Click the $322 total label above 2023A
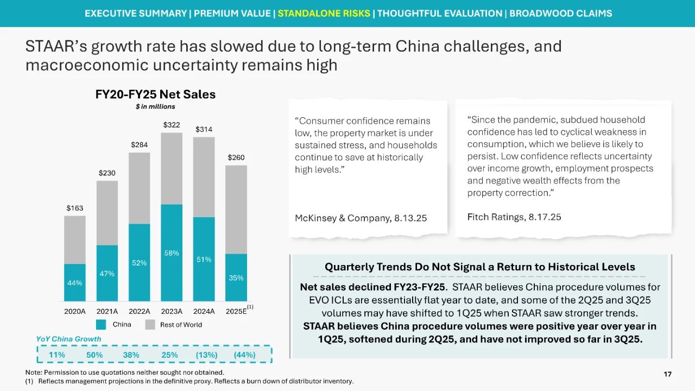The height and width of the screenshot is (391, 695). pos(172,125)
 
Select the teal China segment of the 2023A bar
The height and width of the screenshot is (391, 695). pos(172,253)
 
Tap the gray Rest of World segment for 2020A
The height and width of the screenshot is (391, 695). pos(75,239)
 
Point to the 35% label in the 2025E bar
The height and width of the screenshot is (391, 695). pos(236,278)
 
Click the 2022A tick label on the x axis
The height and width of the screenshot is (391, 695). pos(140,311)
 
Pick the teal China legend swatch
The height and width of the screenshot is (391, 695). pos(101,325)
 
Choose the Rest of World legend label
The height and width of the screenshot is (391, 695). pos(181,325)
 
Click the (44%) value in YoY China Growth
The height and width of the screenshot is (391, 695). pos(244,355)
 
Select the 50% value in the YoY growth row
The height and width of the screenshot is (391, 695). pos(94,355)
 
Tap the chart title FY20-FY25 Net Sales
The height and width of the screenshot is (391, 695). pos(155,94)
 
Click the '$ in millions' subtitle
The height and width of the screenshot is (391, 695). pos(155,106)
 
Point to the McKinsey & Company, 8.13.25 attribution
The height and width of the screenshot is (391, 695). pos(361,218)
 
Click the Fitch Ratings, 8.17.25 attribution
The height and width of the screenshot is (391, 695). pos(514,217)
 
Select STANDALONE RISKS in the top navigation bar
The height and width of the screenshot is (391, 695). pos(324,13)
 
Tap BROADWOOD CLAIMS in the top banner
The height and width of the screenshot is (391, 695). pos(560,13)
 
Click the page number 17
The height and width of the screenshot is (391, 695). pos(668,374)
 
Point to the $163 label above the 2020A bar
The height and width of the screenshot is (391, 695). pos(75,208)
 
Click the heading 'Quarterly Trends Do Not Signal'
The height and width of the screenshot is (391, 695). pos(479,267)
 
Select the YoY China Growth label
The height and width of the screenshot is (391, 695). pos(68,339)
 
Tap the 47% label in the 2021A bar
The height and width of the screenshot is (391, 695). pos(107,274)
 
